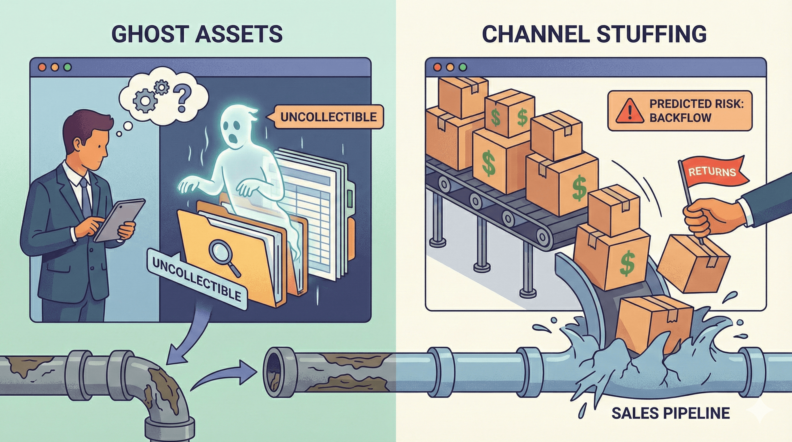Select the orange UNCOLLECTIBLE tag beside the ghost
coord(328,117)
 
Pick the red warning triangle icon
coord(629,111)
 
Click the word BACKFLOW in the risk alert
coord(680,117)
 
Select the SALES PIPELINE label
coord(670,413)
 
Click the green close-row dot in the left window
coord(67,67)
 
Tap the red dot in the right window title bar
coord(437,67)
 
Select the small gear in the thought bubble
coord(162,87)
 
